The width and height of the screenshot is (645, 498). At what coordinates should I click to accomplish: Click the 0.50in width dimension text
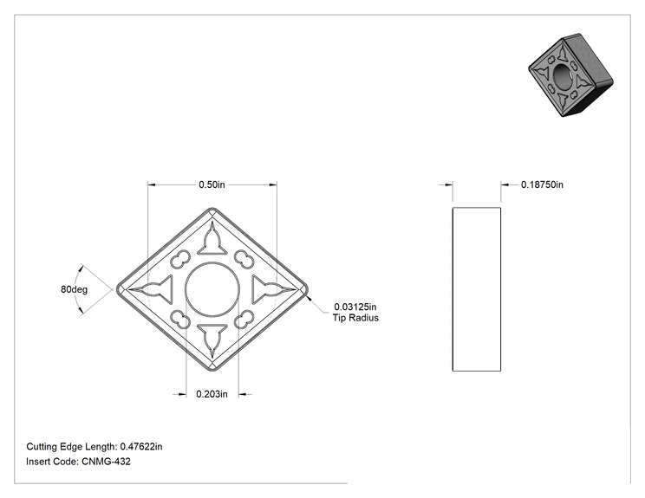(212, 184)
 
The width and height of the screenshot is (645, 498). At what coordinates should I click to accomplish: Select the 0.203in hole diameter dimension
(212, 394)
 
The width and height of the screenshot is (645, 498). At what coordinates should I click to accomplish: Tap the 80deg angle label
(74, 289)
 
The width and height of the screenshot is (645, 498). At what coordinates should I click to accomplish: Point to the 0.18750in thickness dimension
(542, 184)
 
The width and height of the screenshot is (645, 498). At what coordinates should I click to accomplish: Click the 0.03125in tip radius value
(355, 307)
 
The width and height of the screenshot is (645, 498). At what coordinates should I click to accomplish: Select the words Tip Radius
(355, 318)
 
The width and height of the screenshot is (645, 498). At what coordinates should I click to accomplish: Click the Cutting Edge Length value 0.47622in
(141, 447)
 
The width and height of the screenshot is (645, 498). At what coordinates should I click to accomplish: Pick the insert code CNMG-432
(106, 462)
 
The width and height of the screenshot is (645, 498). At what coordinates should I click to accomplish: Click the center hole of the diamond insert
(212, 289)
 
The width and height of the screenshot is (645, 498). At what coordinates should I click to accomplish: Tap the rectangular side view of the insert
(477, 289)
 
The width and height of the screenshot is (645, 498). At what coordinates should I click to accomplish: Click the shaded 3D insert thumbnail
(570, 75)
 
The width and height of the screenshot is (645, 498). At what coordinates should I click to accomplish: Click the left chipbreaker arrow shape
(153, 289)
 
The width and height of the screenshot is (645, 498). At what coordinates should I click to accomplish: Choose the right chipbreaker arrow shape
(272, 289)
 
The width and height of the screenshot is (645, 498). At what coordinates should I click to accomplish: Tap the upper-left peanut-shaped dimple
(180, 260)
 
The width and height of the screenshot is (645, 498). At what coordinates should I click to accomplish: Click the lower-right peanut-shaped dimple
(244, 320)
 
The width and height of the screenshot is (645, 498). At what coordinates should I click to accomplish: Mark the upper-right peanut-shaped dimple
(244, 260)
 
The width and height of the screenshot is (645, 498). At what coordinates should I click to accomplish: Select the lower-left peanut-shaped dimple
(180, 320)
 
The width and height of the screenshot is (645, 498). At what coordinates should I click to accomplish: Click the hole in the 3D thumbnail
(561, 75)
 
